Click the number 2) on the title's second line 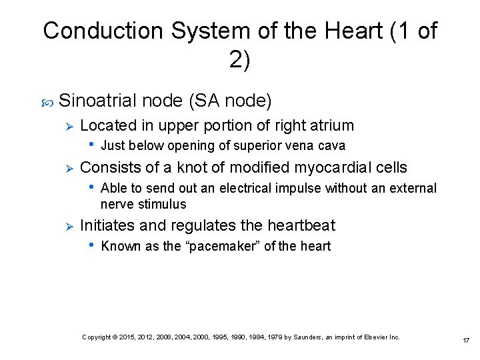239,60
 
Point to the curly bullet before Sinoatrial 47,102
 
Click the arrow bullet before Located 67,126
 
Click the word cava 332,146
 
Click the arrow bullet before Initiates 67,226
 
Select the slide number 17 466,341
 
